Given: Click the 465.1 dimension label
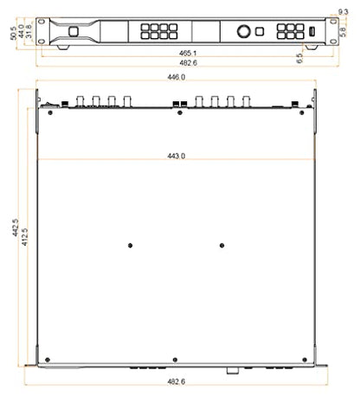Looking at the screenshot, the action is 188,53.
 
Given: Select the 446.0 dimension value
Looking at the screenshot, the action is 177,77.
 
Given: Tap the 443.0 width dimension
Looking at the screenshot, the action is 177,156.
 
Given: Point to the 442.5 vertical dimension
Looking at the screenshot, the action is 16,227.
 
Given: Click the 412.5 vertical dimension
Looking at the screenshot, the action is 25,237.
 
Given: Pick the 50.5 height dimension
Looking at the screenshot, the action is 14,33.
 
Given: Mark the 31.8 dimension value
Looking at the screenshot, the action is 29,31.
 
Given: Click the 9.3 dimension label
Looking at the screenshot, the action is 343,12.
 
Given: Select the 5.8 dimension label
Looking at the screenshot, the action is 343,32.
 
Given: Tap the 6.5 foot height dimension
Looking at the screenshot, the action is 299,58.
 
